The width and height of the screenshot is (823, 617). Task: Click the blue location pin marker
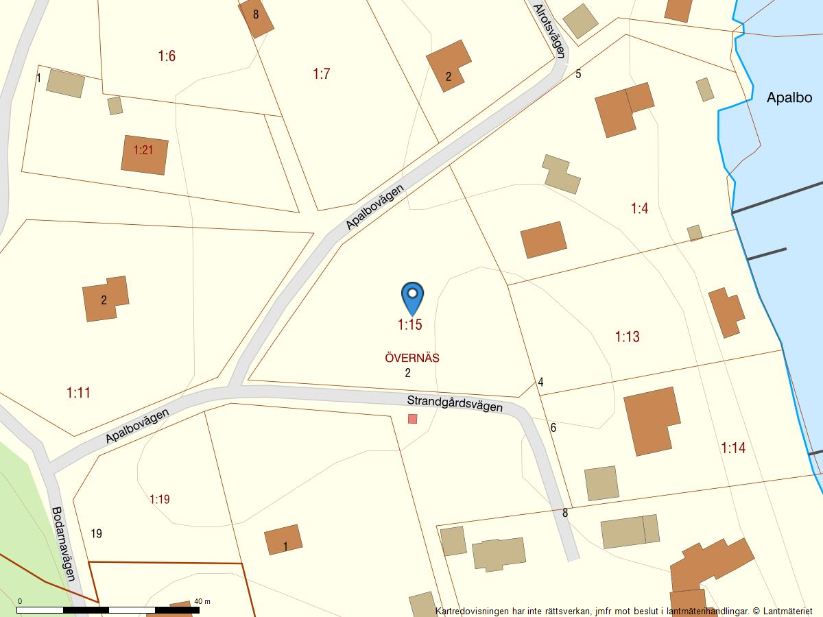(412, 296)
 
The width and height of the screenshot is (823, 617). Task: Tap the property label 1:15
(409, 325)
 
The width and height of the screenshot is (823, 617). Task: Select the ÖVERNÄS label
(412, 358)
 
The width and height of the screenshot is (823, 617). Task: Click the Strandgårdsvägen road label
(455, 404)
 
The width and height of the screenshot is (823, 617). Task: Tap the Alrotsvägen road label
(550, 29)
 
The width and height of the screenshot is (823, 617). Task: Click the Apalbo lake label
(789, 97)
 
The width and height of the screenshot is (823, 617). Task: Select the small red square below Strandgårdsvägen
(412, 418)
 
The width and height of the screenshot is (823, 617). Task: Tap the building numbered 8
(256, 15)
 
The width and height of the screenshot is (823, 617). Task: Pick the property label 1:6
(167, 56)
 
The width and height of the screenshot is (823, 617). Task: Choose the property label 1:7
(322, 74)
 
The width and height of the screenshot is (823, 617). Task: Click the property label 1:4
(639, 208)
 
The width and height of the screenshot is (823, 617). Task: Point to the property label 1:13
(627, 337)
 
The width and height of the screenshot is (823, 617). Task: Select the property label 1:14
(733, 448)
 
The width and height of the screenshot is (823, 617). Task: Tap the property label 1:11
(79, 393)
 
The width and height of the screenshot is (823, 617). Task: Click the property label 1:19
(159, 499)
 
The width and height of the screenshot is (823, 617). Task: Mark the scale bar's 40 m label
(202, 601)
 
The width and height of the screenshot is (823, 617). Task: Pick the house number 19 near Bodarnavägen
(96, 533)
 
